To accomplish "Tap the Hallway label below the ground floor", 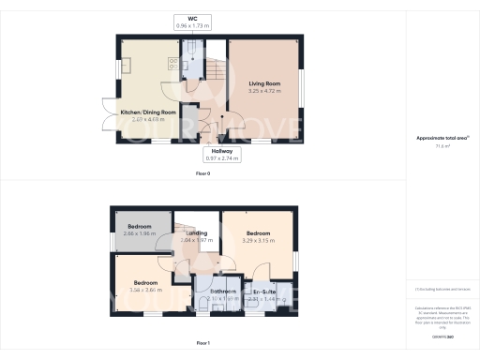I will pos(222,150).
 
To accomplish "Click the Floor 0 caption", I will pos(202,174).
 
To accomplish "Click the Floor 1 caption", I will pos(202,344).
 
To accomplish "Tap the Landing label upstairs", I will pos(196,232).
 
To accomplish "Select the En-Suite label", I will pos(265,292).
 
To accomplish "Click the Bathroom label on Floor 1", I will pos(222,292).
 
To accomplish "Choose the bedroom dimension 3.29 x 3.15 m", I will pos(259,240).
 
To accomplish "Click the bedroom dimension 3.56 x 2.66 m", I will pos(144,291).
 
